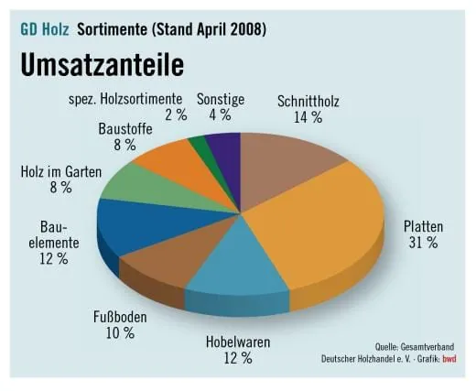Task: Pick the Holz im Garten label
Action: [x=59, y=171]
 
